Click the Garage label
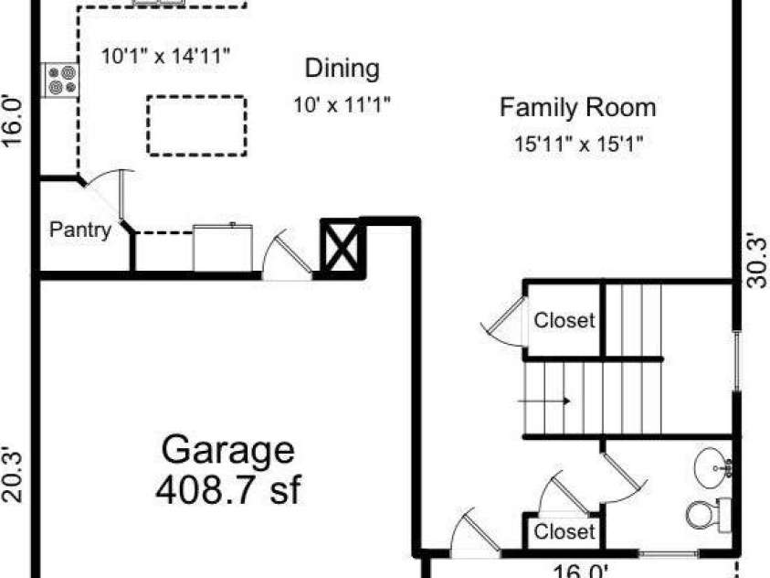tap(227, 451)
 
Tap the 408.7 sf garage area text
tap(227, 489)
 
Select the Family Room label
tap(577, 109)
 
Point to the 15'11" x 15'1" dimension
tap(578, 144)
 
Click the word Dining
tap(343, 69)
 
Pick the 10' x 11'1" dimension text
tap(342, 104)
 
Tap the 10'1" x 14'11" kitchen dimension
tap(165, 56)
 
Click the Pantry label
tap(80, 230)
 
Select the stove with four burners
tap(61, 80)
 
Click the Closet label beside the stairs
tap(564, 320)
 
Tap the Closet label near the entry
tap(564, 531)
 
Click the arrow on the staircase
tap(544, 401)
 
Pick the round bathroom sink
tap(712, 467)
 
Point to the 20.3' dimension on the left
tap(12, 475)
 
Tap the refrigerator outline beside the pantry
tap(223, 247)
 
